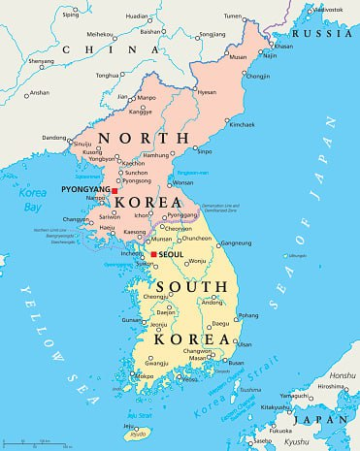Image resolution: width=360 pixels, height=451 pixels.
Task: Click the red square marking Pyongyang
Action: pyautogui.click(x=115, y=191)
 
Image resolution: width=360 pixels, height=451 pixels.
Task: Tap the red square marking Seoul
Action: pyautogui.click(x=152, y=255)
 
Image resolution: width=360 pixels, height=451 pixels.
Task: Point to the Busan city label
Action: pyautogui.click(x=237, y=363)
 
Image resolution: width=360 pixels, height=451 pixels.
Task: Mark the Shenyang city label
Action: pyautogui.click(x=41, y=60)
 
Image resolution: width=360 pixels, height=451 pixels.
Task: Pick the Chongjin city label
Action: pyautogui.click(x=258, y=76)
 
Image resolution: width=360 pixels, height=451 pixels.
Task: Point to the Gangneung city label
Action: pyautogui.click(x=236, y=242)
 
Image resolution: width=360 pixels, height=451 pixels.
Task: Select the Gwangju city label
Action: pyautogui.click(x=146, y=363)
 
